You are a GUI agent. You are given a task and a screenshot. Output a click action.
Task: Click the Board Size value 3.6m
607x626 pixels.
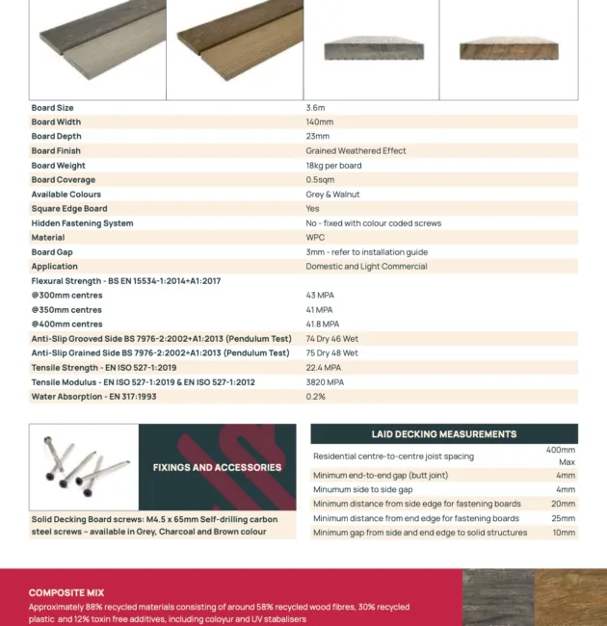(315, 108)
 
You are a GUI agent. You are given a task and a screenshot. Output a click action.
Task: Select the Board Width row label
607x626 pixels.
(56, 122)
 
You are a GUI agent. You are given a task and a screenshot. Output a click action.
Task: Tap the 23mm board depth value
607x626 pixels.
(317, 137)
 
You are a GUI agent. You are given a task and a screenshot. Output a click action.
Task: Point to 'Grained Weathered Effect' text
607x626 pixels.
(356, 151)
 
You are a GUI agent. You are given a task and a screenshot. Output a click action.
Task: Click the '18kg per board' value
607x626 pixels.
(333, 166)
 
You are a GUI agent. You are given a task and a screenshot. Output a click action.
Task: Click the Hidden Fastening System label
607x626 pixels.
(82, 223)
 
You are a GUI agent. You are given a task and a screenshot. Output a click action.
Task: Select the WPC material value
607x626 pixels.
(315, 238)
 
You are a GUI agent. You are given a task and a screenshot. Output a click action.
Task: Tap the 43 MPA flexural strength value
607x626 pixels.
(319, 296)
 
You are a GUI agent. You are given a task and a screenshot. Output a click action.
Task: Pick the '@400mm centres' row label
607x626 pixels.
(66, 325)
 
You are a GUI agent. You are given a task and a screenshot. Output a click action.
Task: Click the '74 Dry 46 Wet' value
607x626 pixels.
(331, 339)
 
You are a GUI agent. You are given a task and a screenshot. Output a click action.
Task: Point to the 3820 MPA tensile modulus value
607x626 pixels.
(324, 382)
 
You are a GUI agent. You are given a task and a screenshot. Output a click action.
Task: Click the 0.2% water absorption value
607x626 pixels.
(315, 397)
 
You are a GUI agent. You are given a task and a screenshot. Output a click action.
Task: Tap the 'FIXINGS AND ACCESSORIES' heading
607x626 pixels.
(217, 468)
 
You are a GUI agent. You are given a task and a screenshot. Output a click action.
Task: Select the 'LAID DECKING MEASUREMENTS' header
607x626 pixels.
(444, 434)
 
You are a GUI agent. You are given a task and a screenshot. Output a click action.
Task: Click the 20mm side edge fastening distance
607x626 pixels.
(563, 504)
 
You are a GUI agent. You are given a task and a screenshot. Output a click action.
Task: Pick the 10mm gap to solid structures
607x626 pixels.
(563, 533)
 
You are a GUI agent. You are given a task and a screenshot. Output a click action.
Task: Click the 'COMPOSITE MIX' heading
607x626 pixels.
(66, 593)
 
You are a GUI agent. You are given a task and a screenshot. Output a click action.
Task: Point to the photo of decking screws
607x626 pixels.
(84, 468)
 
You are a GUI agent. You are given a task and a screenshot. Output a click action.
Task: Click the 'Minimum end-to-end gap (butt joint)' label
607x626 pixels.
(380, 476)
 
